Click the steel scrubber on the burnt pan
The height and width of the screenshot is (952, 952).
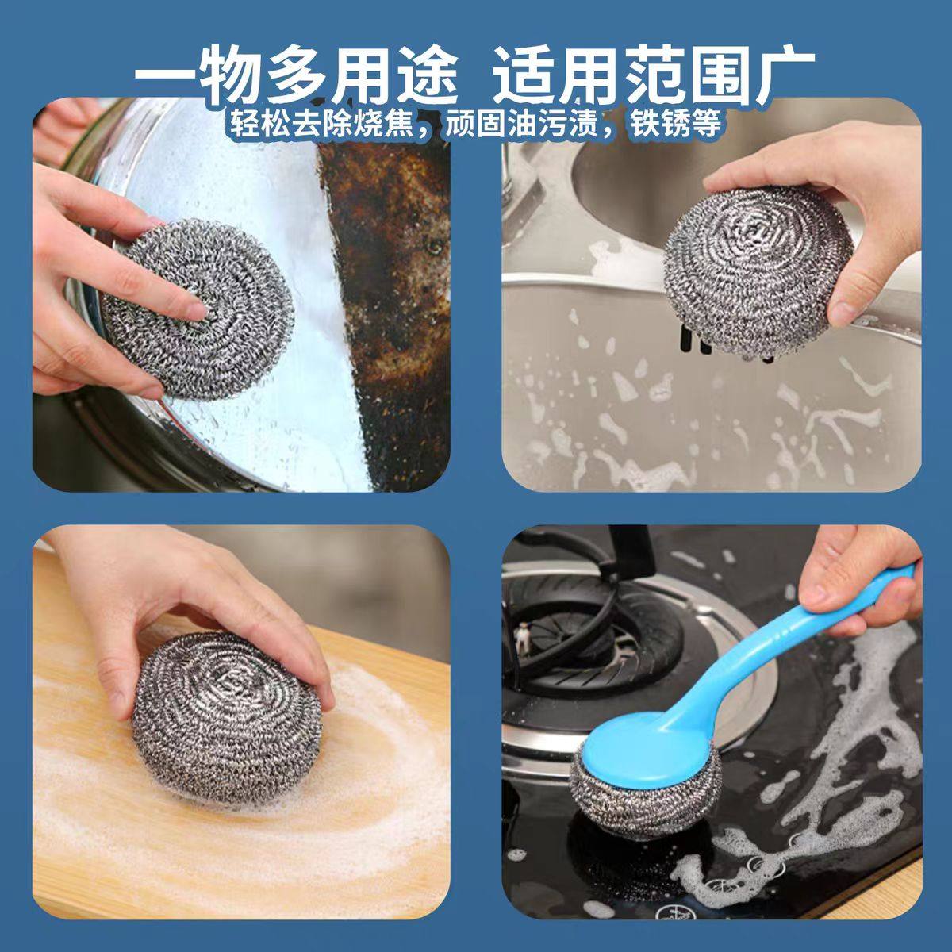click(x=198, y=309)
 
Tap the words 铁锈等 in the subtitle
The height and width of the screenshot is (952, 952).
click(x=676, y=123)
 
